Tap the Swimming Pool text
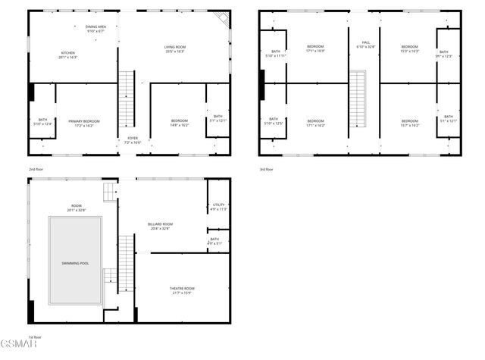point(75,263)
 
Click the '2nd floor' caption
point(36,169)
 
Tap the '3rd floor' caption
point(266,169)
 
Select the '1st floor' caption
point(36,337)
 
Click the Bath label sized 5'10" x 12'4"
point(42,122)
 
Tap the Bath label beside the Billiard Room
point(214,242)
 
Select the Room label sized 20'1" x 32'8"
point(76,208)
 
